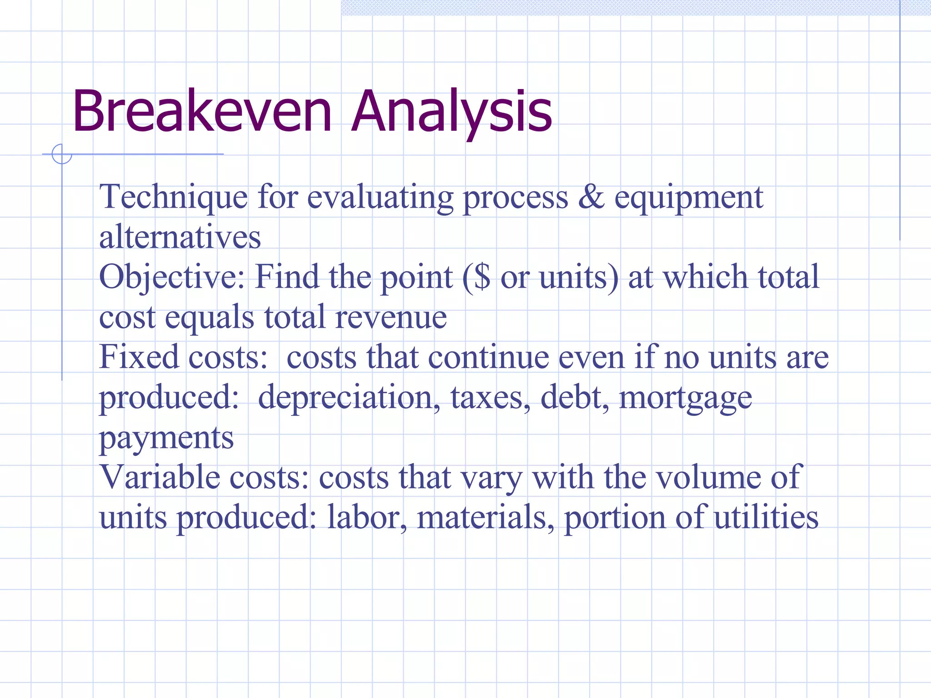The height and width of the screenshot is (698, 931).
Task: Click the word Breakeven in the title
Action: point(202,111)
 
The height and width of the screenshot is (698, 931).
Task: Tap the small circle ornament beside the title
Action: point(62,154)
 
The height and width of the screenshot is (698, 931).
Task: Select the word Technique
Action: point(173,198)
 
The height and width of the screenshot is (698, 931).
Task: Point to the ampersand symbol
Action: point(591,197)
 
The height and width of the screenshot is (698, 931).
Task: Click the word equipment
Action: point(689,198)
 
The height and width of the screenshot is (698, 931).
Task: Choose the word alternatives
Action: point(180,237)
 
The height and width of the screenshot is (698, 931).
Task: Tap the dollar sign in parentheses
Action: point(482,277)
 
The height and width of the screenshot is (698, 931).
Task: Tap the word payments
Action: point(166,438)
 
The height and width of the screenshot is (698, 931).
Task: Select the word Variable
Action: point(159,477)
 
